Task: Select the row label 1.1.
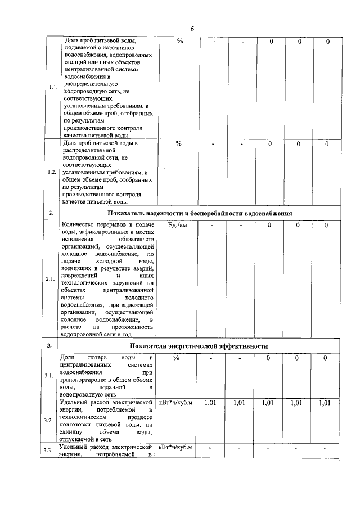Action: click(52, 88)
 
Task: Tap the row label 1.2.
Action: click(52, 172)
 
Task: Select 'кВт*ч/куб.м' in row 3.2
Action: click(176, 403)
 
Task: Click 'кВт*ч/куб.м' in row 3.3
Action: click(176, 447)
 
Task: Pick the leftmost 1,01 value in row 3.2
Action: click(210, 403)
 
